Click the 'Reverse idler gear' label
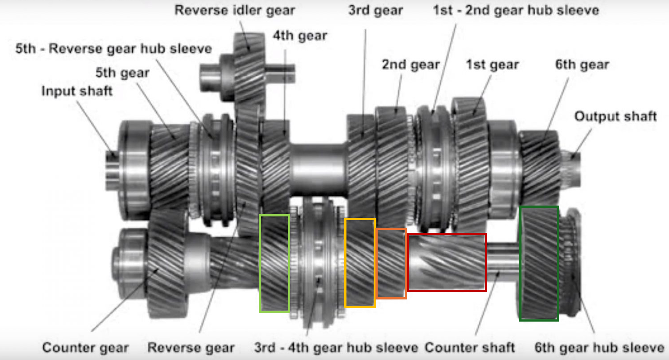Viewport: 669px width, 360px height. tap(234, 10)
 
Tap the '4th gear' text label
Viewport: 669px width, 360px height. tap(300, 36)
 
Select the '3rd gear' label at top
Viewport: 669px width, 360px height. tap(375, 10)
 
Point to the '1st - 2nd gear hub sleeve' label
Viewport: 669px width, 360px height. tap(516, 10)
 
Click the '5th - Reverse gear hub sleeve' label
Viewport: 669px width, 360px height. tap(113, 48)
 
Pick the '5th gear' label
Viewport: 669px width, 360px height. tap(122, 73)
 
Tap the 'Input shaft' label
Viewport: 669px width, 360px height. tap(77, 91)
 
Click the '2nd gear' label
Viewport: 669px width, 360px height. tap(411, 65)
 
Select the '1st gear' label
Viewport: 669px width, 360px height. tap(492, 65)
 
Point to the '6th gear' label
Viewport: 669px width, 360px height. tap(582, 65)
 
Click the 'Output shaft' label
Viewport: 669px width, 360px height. tap(615, 116)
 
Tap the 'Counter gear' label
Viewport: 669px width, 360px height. tap(86, 347)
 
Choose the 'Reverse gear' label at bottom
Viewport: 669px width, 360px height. tap(191, 347)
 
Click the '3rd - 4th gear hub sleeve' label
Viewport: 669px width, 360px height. tap(336, 347)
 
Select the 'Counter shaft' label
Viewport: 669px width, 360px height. tap(469, 347)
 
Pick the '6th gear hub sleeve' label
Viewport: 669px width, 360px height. tap(599, 347)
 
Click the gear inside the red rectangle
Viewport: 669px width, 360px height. tap(446, 262)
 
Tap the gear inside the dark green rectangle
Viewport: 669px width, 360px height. tap(539, 264)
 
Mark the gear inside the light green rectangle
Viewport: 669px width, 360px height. tap(274, 264)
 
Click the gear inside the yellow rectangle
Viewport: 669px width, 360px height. tap(360, 263)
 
